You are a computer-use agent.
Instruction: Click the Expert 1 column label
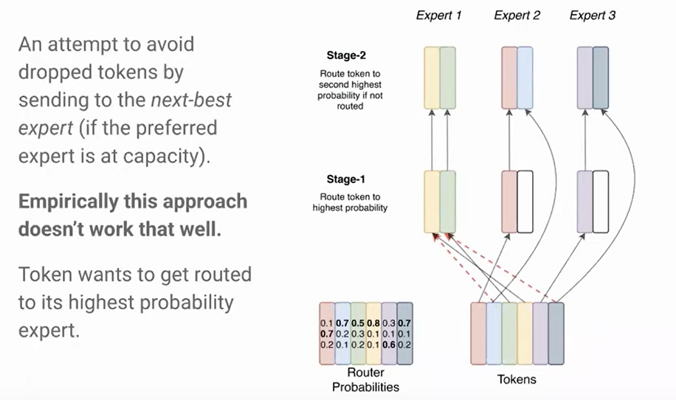pos(439,15)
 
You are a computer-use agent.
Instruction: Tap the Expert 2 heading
pos(517,15)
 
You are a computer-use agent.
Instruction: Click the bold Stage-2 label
pos(347,55)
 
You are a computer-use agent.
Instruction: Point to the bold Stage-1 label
pos(347,179)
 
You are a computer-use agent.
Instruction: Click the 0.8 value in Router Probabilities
pos(373,323)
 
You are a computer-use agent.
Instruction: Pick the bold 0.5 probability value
pos(358,323)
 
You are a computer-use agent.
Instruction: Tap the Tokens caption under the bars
pos(517,379)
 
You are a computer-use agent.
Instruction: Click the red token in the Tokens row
pos(478,333)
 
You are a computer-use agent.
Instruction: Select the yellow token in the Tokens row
pos(525,333)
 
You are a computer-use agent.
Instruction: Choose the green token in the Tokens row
pos(509,333)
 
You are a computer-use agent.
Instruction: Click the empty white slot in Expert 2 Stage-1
pos(525,192)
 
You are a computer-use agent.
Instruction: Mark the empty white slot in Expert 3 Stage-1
pos(600,192)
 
